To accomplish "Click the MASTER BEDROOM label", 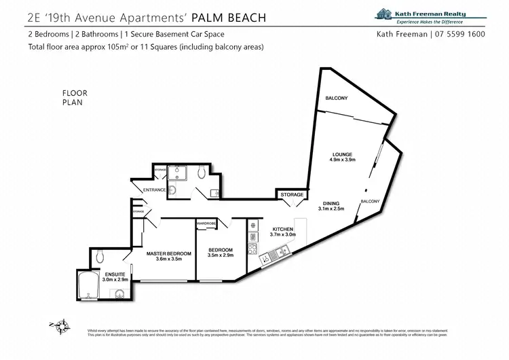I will (x=169, y=253).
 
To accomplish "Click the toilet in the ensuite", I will (x=100, y=255).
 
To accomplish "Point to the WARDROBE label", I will (x=206, y=223).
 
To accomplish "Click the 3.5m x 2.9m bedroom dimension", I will (x=221, y=256).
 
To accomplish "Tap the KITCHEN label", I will (x=282, y=229).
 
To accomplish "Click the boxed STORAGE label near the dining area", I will (x=292, y=195).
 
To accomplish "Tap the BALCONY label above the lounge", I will (x=336, y=98).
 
